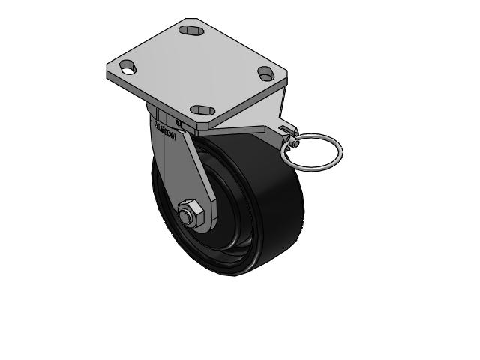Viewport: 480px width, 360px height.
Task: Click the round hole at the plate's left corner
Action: click(127, 67)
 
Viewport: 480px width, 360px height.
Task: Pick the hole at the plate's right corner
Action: click(265, 73)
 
